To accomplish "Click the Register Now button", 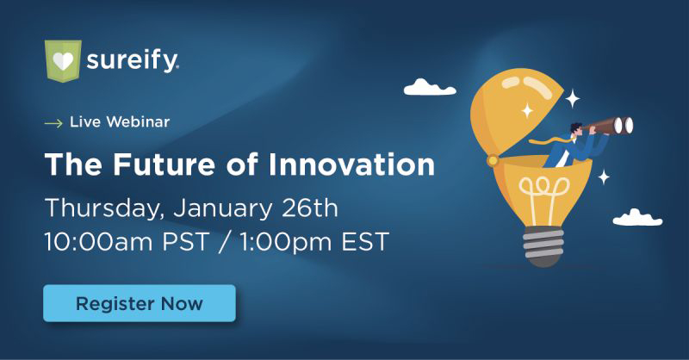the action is click(140, 303).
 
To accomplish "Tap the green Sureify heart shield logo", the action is click(63, 60).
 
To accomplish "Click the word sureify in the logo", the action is click(133, 60).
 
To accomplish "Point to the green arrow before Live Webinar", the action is click(53, 123).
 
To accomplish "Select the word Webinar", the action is click(138, 121).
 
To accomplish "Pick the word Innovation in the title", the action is click(351, 164).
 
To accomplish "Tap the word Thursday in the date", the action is click(102, 208).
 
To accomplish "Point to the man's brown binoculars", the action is click(608, 125).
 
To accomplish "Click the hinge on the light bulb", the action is click(493, 160).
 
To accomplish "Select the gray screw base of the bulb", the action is click(543, 246).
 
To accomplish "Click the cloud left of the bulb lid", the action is click(430, 87).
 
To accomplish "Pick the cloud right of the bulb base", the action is click(637, 218).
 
